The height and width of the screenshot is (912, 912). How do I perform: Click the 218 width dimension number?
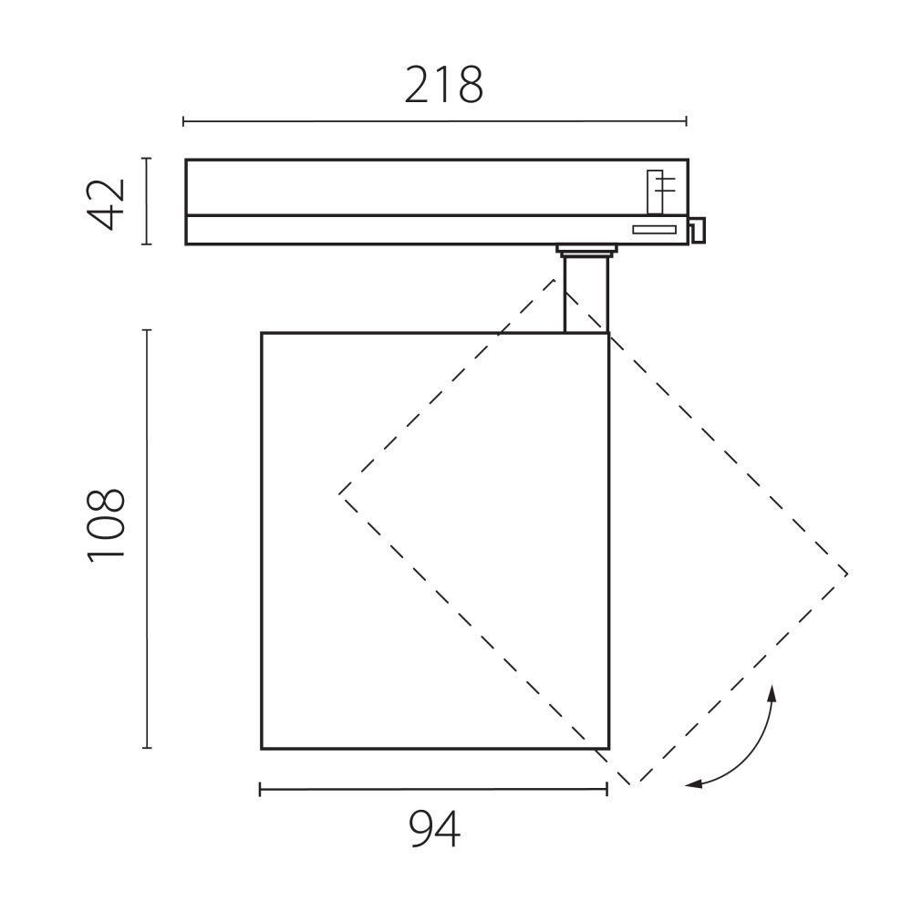coord(443,86)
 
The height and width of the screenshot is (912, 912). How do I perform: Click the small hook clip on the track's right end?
coord(698,230)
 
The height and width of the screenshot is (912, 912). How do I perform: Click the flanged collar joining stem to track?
coord(586,249)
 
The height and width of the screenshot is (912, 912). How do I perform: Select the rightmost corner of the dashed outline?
coord(848,574)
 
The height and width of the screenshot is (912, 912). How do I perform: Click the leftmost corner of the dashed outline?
coord(340,492)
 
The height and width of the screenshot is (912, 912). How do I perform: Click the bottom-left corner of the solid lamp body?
coord(262,749)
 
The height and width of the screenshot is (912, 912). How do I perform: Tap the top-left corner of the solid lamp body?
coord(262,333)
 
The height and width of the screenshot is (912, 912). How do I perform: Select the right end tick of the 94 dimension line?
coord(607,790)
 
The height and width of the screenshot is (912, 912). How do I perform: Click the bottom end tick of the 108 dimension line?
coord(147,748)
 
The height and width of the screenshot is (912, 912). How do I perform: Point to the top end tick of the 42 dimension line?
coord(146,159)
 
